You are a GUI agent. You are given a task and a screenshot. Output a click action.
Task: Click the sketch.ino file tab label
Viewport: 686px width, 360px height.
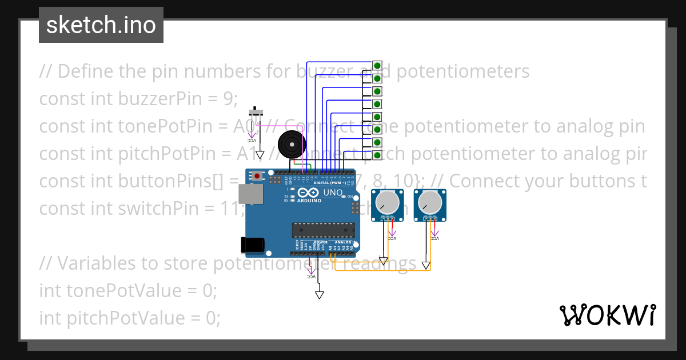point(101,25)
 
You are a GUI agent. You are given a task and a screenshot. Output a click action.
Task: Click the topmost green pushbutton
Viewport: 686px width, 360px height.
point(377,66)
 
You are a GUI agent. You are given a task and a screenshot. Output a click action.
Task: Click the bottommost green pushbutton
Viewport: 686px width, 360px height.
point(377,155)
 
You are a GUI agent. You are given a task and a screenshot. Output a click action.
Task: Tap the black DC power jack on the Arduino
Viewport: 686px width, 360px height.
point(252,245)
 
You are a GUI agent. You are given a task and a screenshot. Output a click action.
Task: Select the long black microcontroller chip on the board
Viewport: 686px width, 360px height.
point(323,230)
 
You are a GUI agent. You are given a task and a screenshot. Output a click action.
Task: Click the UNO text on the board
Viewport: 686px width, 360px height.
point(333,193)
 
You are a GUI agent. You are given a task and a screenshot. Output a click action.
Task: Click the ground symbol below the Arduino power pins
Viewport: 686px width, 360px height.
point(320,295)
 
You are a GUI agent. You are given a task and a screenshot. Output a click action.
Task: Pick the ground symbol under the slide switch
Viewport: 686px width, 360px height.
point(260,155)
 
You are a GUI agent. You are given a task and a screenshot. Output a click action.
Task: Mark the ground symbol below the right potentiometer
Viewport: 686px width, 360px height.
point(426,265)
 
